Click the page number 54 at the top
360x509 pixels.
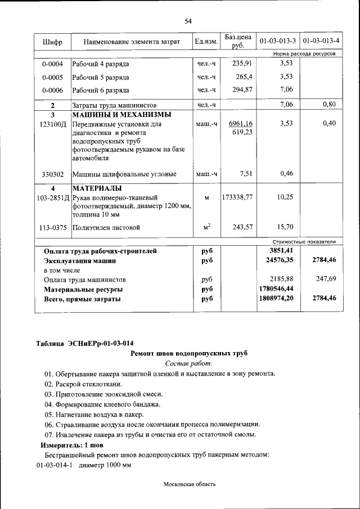[188, 21]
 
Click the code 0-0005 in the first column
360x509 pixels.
[52, 77]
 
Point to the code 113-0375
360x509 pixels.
[52, 228]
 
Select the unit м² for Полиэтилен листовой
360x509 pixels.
[206, 227]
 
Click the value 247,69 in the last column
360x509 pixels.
[325, 279]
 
